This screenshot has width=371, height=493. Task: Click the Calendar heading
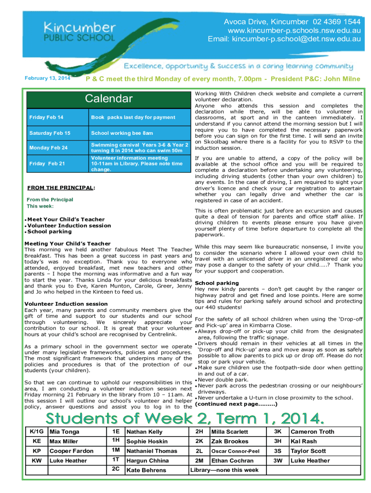click(108, 99)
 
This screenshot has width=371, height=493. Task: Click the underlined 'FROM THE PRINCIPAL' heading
click(60, 187)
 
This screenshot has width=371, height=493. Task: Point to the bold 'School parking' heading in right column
click(216, 283)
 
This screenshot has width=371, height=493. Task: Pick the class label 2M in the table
click(199, 460)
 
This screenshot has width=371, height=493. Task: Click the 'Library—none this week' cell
click(225, 470)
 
